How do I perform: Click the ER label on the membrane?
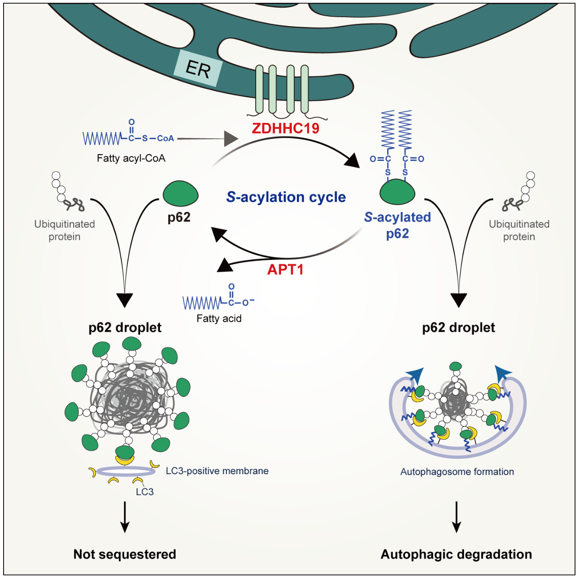coord(198,69)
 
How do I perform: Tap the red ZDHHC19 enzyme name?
coord(286,128)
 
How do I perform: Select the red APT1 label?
coord(285,269)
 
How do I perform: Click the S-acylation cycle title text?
coord(286,197)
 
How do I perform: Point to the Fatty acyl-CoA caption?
coord(131,158)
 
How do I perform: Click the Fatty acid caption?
coord(219,318)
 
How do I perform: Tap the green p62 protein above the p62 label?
coord(181,193)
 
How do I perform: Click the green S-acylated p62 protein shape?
coord(397,192)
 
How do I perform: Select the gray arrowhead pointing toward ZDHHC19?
coord(231,139)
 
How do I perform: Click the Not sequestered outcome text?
coord(125,554)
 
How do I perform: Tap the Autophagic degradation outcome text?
coord(456,554)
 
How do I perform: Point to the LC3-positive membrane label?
coord(217,471)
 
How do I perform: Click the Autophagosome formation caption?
coord(457,471)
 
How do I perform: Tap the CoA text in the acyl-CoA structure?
coord(165,138)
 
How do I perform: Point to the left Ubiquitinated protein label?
coord(64,230)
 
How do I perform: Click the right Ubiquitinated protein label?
coord(519,230)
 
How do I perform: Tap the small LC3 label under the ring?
coord(145,492)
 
